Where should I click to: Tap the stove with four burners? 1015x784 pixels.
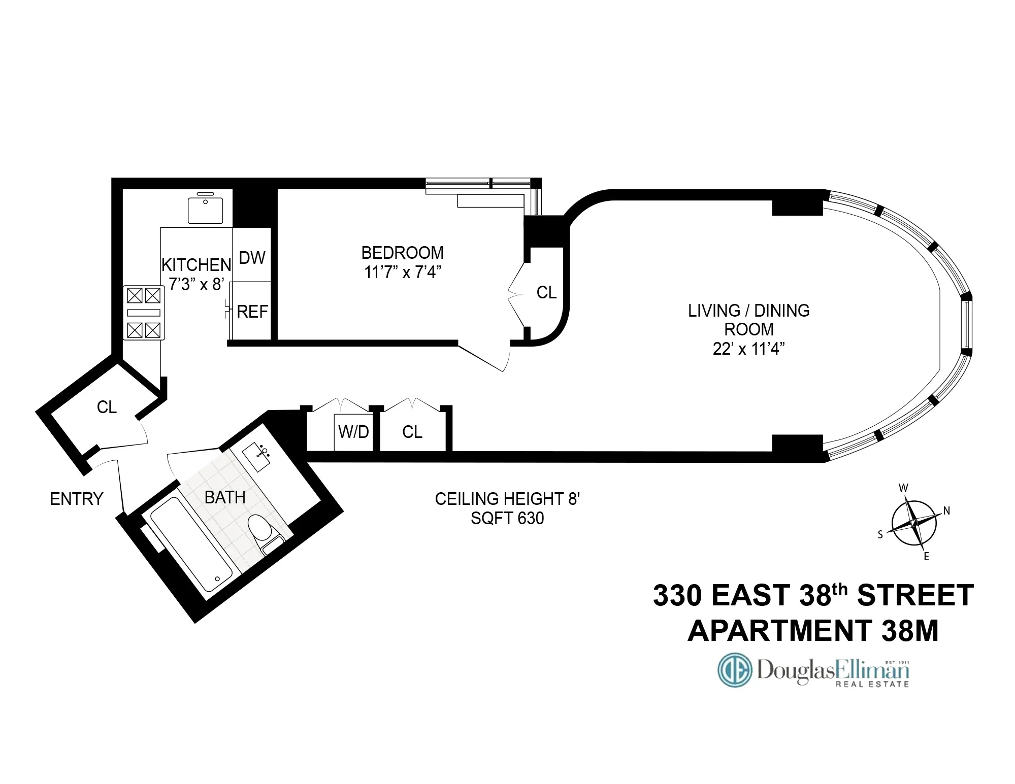[x=144, y=313]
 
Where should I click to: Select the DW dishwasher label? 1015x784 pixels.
[x=252, y=258]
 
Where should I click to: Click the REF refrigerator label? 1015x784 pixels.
[x=252, y=312]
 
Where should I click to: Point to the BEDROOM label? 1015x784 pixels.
[x=402, y=253]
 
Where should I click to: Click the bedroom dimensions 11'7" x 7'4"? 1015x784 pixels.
[x=402, y=272]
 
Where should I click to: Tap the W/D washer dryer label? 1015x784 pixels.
[x=353, y=432]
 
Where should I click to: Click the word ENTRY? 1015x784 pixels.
[x=77, y=499]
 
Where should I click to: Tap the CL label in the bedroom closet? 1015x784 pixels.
[x=546, y=292]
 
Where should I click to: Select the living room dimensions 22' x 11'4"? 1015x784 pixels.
[x=748, y=349]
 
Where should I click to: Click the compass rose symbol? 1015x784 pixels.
[x=914, y=522]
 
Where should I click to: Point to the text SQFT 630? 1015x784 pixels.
[x=507, y=518]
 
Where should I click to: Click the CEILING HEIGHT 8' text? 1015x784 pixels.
[x=507, y=499]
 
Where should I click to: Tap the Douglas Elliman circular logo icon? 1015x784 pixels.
[x=734, y=670]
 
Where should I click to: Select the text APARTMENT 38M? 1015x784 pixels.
[x=812, y=631]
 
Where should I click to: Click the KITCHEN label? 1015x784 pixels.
[x=196, y=265]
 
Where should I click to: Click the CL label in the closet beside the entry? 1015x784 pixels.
[x=107, y=407]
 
